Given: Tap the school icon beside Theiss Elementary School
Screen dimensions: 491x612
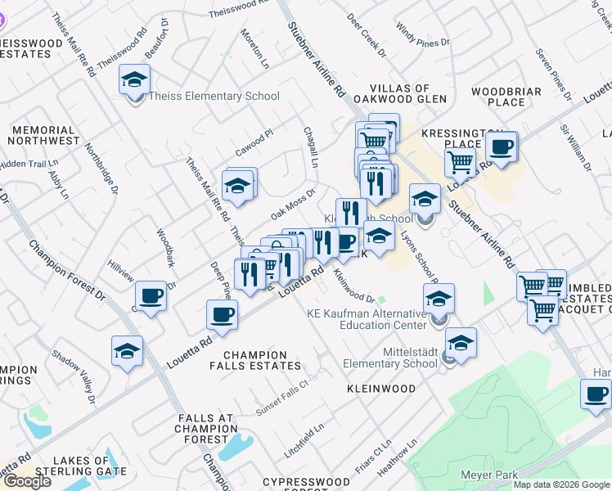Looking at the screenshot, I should (x=135, y=80).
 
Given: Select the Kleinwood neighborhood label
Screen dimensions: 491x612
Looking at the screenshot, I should (x=380, y=389).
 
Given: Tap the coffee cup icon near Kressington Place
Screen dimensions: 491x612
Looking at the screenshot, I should (x=501, y=147).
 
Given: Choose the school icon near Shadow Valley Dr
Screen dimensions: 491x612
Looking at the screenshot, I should (x=127, y=351).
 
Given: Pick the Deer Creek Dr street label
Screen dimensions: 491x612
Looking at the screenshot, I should (x=365, y=34).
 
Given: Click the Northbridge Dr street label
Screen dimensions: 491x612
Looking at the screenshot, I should (x=102, y=169).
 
